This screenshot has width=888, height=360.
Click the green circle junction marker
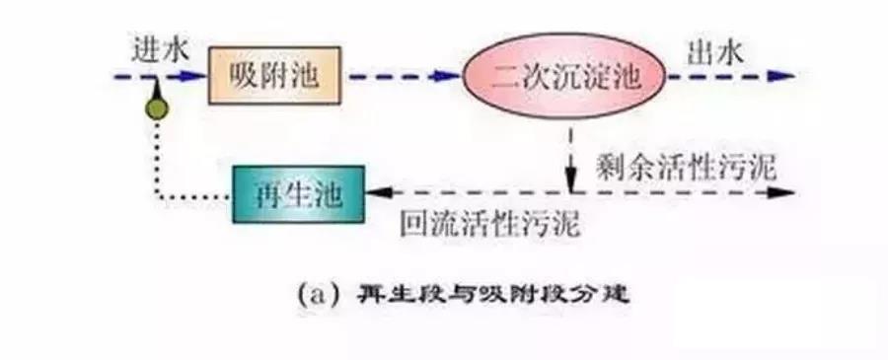156,108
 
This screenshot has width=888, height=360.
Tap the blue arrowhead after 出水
784,75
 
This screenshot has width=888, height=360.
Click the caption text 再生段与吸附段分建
494,293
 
